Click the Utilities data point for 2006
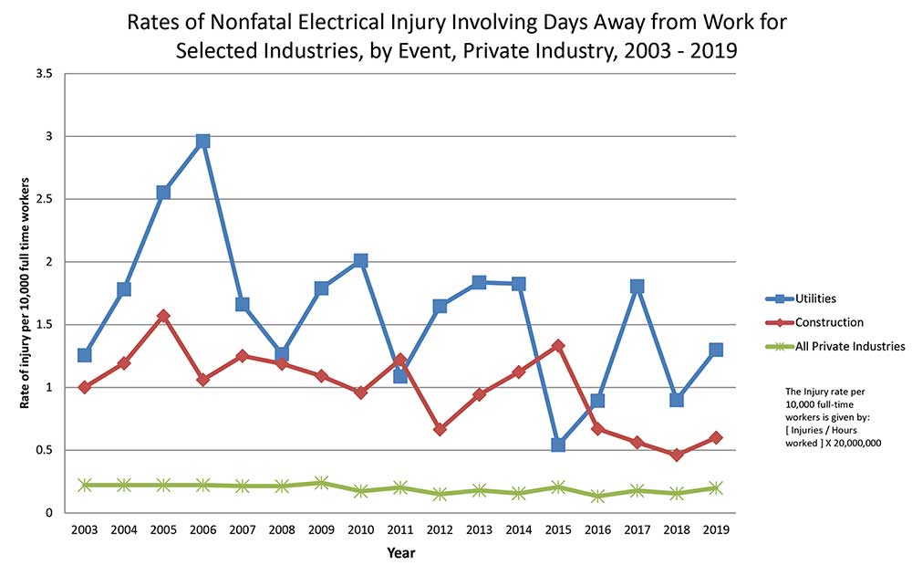(x=202, y=141)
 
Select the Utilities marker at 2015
(x=557, y=445)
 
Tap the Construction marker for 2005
(x=163, y=316)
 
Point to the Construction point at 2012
(x=440, y=429)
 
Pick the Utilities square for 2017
(x=637, y=287)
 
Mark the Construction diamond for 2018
(x=676, y=455)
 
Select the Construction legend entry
(x=829, y=322)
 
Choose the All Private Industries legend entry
(x=849, y=346)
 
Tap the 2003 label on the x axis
(x=85, y=529)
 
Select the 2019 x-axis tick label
(x=715, y=529)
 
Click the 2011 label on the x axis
(x=399, y=529)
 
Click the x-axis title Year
(x=400, y=552)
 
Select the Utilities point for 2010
(x=360, y=261)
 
